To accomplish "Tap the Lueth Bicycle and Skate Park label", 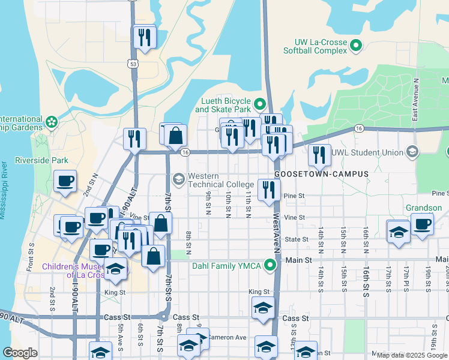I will click(222, 106).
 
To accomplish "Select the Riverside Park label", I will click(41, 160).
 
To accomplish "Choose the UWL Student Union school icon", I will click(412, 152).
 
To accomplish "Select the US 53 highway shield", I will click(131, 62).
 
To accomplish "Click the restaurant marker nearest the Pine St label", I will click(268, 190).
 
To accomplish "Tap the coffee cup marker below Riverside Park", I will click(65, 181).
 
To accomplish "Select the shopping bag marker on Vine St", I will click(161, 223).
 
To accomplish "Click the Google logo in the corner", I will click(20, 353).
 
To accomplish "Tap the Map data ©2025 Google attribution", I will click(412, 355).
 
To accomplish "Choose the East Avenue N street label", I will click(414, 107).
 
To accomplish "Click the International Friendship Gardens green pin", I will click(52, 122).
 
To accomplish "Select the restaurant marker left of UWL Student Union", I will click(319, 155).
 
